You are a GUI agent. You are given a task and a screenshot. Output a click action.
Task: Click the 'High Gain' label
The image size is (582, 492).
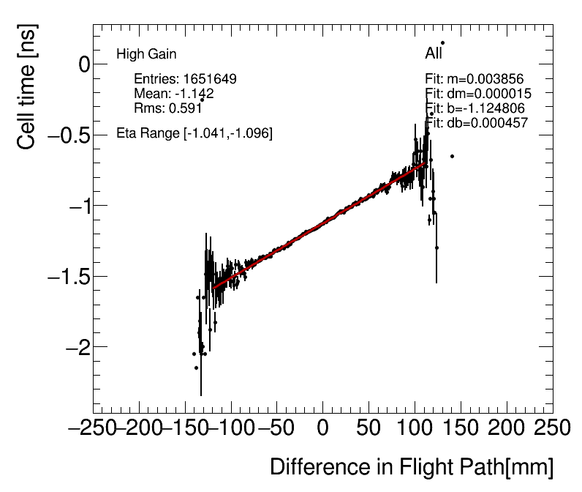click(146, 54)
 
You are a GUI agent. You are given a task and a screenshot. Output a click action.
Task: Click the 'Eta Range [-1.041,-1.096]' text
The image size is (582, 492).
click(194, 134)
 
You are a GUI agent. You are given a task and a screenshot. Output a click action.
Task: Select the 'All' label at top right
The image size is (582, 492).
click(434, 54)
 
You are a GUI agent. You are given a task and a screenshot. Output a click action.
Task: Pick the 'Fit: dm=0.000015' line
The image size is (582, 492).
click(477, 94)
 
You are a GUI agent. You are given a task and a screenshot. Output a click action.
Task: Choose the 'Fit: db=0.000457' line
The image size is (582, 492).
click(476, 123)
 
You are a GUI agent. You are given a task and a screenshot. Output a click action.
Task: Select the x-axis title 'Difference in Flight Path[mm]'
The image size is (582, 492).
click(412, 467)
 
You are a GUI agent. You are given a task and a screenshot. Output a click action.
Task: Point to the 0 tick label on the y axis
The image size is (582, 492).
click(64, 64)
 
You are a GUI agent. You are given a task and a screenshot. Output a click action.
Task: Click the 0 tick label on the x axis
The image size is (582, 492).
click(322, 428)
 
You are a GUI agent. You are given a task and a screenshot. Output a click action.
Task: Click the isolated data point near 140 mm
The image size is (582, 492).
click(452, 156)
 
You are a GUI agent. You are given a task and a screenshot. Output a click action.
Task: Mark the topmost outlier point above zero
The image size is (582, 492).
click(442, 42)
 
